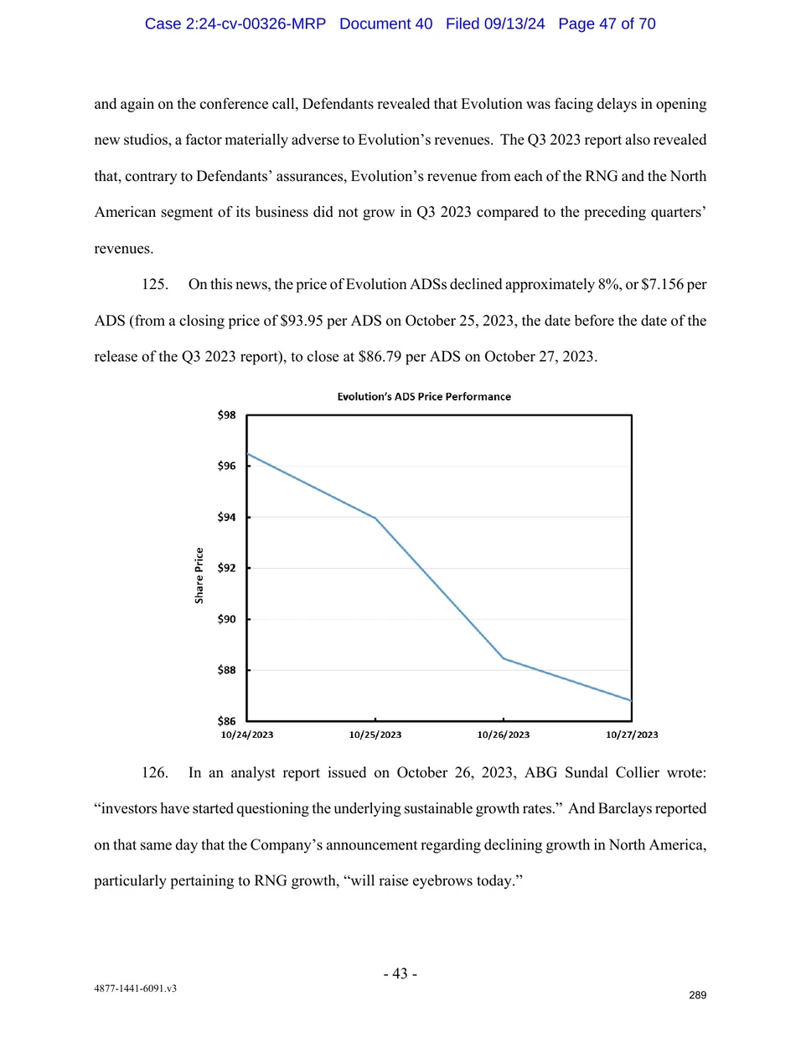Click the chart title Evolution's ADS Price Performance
pos(424,396)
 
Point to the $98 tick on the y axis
pos(226,415)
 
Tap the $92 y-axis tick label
pos(226,568)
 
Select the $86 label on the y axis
pos(226,721)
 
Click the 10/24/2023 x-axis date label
pos(247,735)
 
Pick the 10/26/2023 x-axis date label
pos(504,735)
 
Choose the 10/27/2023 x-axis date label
pos(632,735)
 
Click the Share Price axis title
pos(199,575)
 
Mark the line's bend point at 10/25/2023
pos(375,518)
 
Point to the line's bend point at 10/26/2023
pos(504,658)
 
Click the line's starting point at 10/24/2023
pos(248,454)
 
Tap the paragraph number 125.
pos(154,285)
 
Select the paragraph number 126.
pos(154,772)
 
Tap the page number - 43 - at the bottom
pos(400,973)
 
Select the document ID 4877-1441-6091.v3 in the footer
pos(135,988)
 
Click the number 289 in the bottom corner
pos(698,995)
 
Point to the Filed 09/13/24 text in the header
pos(495,23)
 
